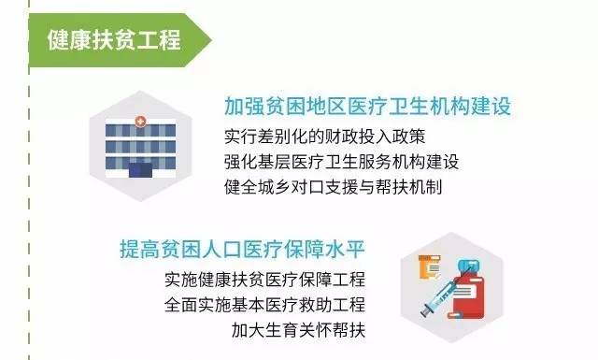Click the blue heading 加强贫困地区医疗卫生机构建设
click(367, 106)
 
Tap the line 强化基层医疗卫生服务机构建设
click(341, 161)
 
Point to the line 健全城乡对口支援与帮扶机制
click(333, 185)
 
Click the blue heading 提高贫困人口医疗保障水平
click(241, 250)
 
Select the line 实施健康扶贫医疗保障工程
click(264, 281)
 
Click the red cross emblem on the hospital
click(140, 122)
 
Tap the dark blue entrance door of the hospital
click(140, 171)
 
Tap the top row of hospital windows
click(140, 135)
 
